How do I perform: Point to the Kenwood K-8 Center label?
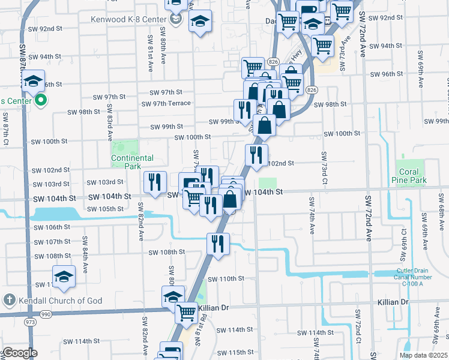coord(128,19)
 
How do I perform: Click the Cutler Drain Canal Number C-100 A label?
coord(413,277)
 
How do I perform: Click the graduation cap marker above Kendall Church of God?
coord(64,276)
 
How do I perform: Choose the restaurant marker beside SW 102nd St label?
coord(256,155)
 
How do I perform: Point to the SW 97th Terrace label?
coord(166,104)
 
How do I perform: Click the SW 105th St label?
coord(105,209)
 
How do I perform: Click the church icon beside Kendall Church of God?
coord(8,300)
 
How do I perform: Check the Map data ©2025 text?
coord(423,355)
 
